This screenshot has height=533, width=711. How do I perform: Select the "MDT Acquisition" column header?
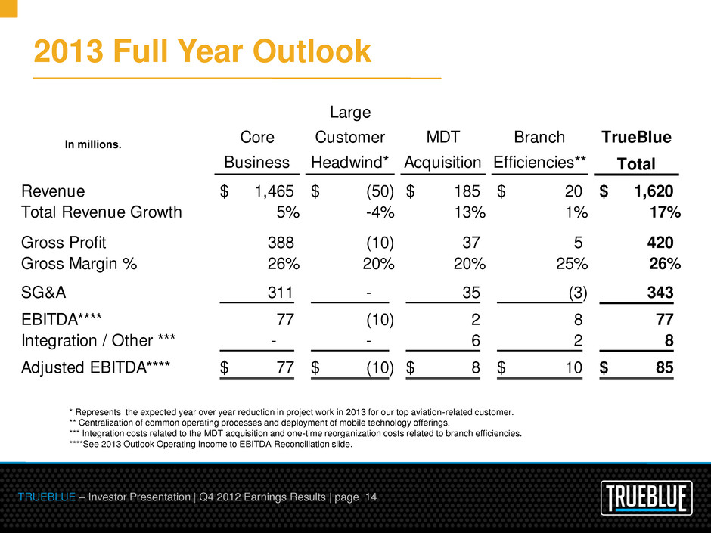(x=443, y=150)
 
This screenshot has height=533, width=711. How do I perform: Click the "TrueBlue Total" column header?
(x=636, y=150)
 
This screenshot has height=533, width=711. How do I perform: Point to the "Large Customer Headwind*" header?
(x=349, y=138)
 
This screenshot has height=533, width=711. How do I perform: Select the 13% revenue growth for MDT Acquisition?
(x=466, y=212)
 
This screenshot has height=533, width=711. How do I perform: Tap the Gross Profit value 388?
(x=281, y=243)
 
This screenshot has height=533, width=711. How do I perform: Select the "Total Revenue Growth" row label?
(x=102, y=212)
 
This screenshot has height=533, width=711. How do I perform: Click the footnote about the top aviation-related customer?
(x=291, y=412)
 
